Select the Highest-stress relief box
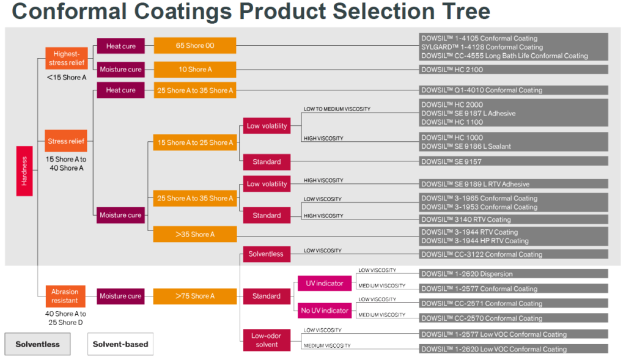pyautogui.click(x=67, y=59)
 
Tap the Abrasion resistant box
pyautogui.click(x=65, y=296)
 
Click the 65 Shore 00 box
pyautogui.click(x=195, y=46)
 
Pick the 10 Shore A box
pyautogui.click(x=195, y=69)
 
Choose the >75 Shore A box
pyautogui.click(x=195, y=296)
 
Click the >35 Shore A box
pyautogui.click(x=195, y=234)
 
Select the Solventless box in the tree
pyautogui.click(x=267, y=253)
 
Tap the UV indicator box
pyautogui.click(x=324, y=283)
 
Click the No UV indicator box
pyautogui.click(x=324, y=310)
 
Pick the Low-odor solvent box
pyautogui.click(x=267, y=340)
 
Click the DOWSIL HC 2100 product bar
pyautogui.click(x=514, y=70)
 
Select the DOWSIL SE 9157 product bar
pyautogui.click(x=514, y=161)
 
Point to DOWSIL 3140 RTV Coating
pyautogui.click(x=514, y=219)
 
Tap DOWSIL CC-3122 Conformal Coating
pyautogui.click(x=514, y=254)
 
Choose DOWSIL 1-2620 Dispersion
pyautogui.click(x=514, y=274)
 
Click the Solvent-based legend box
pyautogui.click(x=120, y=344)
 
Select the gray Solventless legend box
pyautogui.click(x=37, y=344)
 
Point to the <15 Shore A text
pyautogui.click(x=66, y=78)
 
